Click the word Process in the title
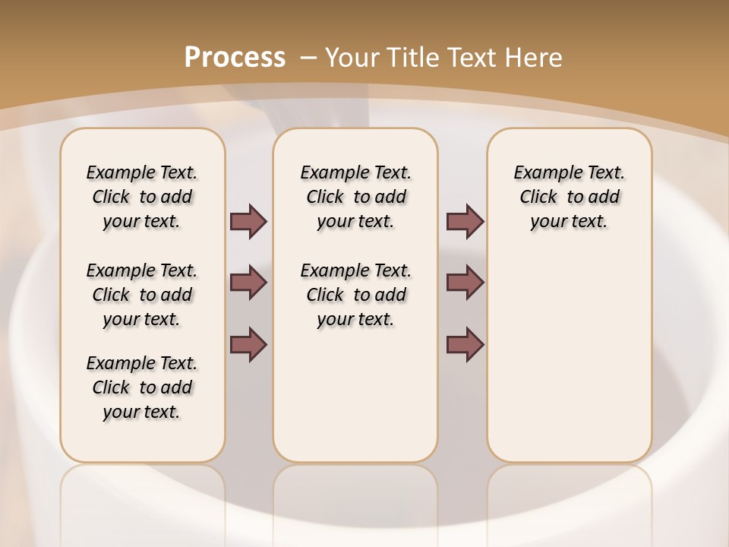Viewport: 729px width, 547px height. tap(235, 58)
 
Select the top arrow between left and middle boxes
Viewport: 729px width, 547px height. tap(248, 221)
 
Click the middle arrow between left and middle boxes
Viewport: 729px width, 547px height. tap(248, 283)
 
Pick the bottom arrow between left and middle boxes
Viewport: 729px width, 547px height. tap(248, 344)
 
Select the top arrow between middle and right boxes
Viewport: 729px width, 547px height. tap(465, 221)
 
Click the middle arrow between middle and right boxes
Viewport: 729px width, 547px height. tap(465, 283)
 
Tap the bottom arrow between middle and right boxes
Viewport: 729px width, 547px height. tap(465, 344)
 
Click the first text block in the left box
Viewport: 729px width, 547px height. tap(142, 197)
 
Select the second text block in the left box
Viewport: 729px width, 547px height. tap(142, 295)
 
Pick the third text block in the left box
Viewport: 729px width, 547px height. tap(142, 387)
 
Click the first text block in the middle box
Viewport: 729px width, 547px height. tap(355, 197)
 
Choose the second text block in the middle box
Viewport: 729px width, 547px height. tap(355, 295)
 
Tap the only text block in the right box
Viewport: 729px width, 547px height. tap(569, 197)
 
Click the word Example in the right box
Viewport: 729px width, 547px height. tap(542, 173)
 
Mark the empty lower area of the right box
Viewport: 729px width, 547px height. tap(569, 357)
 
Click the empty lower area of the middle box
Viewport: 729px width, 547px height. tap(355, 395)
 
